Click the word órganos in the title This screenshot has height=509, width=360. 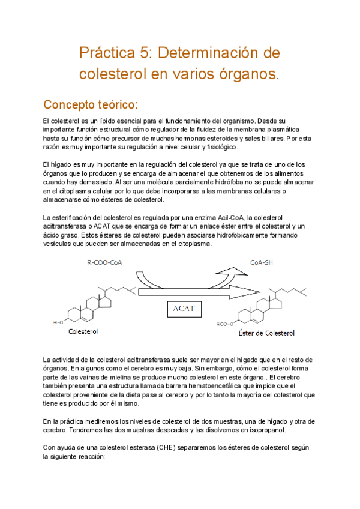pos(248,74)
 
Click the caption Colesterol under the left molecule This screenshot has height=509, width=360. pos(84,331)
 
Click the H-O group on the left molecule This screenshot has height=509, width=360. pos(58,322)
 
